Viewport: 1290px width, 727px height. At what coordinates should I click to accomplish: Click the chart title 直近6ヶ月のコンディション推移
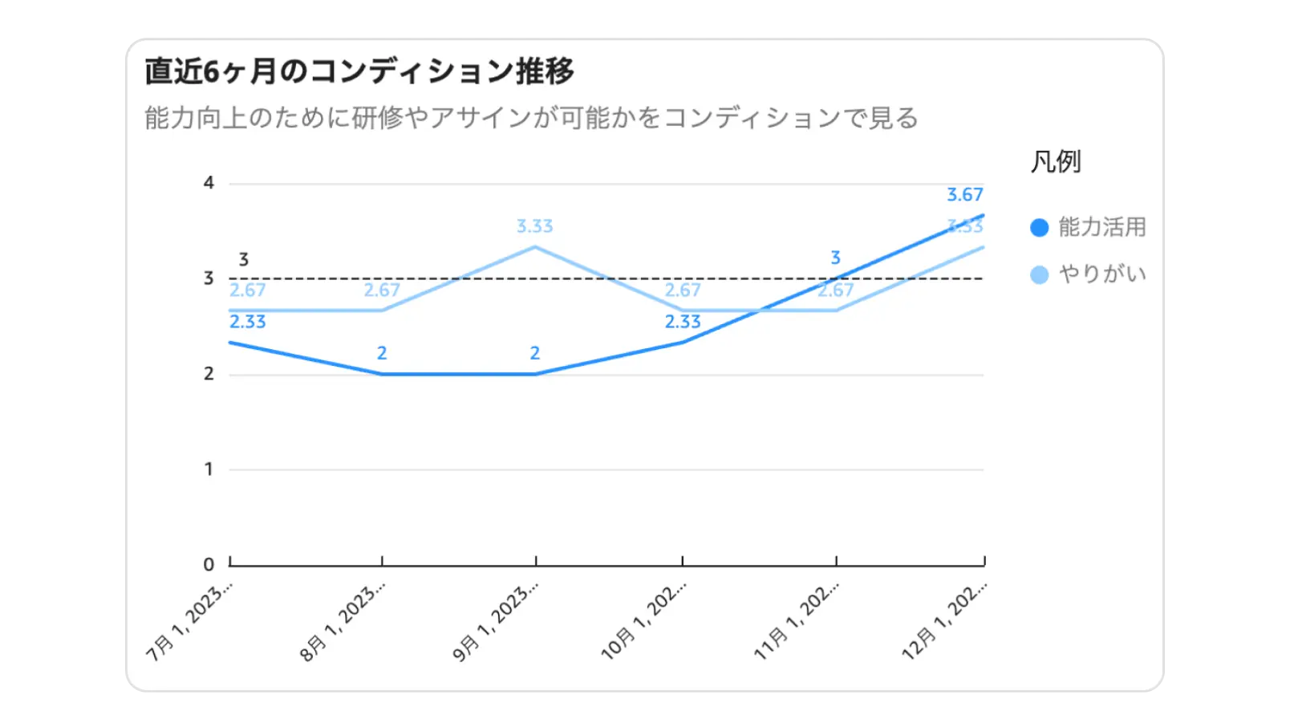[x=359, y=71]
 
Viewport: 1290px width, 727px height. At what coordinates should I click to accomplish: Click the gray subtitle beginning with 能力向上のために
[x=531, y=118]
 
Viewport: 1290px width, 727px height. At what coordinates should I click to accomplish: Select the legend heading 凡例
[x=1056, y=162]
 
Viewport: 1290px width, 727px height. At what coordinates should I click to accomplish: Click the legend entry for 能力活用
[x=1088, y=227]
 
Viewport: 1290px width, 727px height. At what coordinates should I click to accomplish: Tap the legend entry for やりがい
[x=1088, y=274]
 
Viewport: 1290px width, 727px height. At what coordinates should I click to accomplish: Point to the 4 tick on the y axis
[x=209, y=183]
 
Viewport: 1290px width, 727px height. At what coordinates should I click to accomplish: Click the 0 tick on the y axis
[x=209, y=564]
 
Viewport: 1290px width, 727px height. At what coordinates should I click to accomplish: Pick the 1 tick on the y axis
[x=209, y=469]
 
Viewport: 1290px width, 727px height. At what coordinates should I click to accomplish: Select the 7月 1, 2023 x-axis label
[x=189, y=623]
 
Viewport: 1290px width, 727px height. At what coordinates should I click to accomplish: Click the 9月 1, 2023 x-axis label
[x=495, y=623]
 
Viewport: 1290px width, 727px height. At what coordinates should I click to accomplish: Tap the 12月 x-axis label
[x=943, y=623]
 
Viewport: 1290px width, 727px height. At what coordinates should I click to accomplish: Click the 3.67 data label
[x=964, y=195]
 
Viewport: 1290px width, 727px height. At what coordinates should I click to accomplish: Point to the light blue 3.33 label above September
[x=535, y=226]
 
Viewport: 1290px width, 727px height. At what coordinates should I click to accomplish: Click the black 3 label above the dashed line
[x=244, y=260]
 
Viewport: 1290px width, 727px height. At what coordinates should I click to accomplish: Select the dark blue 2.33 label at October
[x=683, y=322]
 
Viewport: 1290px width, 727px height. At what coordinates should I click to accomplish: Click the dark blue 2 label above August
[x=382, y=353]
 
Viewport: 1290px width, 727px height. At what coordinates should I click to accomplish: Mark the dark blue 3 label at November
[x=835, y=258]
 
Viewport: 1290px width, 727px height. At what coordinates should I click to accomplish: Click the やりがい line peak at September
[x=535, y=247]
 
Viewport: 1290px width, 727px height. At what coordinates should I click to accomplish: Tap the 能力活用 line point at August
[x=382, y=374]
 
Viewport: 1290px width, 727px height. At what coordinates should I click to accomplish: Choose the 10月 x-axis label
[x=643, y=623]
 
